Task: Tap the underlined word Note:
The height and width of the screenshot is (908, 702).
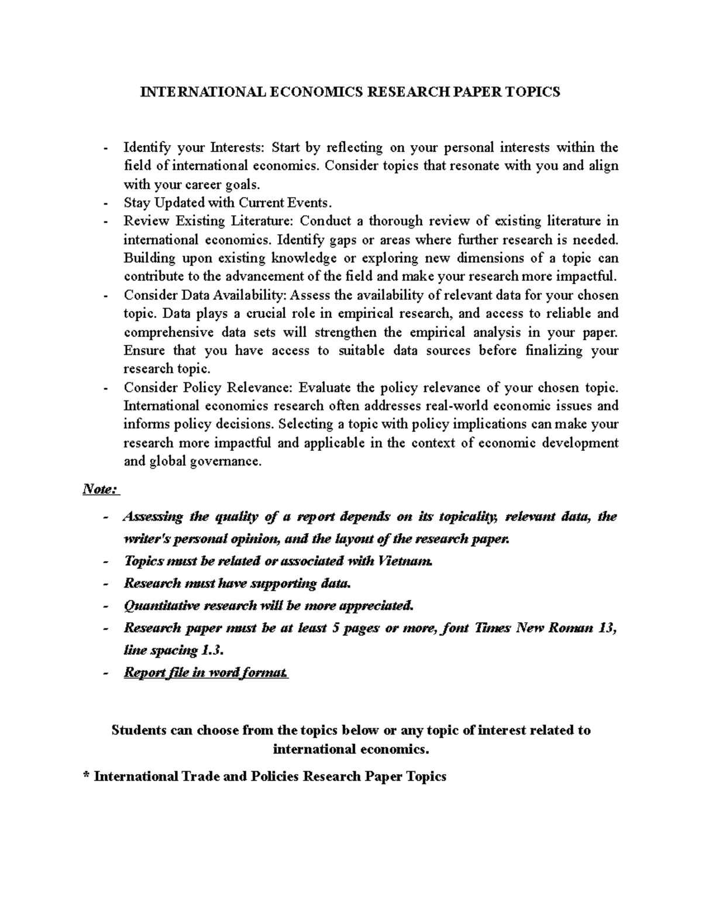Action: click(101, 489)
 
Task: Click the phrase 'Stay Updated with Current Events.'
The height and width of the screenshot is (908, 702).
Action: click(228, 203)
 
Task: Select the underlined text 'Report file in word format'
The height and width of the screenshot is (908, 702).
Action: click(206, 672)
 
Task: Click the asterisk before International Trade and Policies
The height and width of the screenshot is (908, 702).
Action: click(87, 776)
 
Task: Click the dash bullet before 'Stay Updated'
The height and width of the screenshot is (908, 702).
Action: click(105, 203)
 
